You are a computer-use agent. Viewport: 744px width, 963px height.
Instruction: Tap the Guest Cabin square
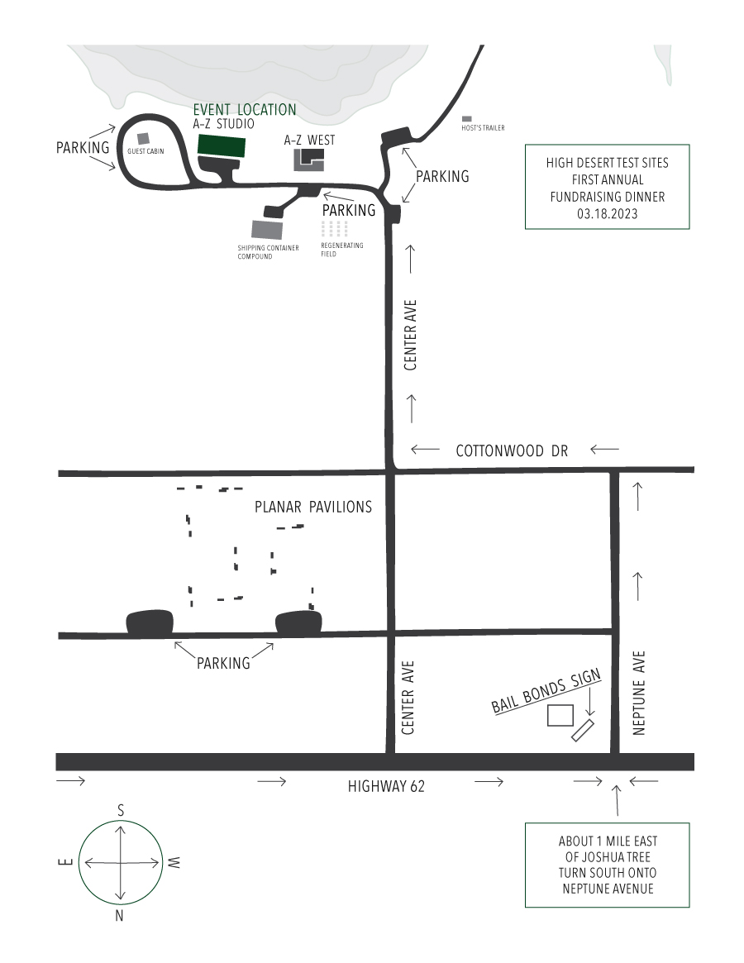tap(143, 139)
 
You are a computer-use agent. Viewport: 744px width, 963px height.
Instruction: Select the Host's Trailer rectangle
tap(467, 119)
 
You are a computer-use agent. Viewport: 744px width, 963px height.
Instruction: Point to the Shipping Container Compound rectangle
tap(266, 229)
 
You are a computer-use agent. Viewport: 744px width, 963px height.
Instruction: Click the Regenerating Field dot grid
tap(334, 229)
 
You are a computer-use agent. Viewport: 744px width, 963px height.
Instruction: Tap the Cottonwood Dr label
tap(513, 451)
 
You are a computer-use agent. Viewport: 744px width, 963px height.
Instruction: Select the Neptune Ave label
tap(638, 693)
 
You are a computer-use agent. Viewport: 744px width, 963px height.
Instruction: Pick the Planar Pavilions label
tap(313, 508)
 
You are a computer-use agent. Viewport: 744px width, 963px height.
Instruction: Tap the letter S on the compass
tap(122, 811)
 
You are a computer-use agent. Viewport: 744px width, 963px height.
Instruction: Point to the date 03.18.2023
tap(607, 212)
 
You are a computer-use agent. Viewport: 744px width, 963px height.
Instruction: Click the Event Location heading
tap(245, 109)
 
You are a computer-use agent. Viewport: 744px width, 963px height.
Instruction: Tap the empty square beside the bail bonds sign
tap(560, 715)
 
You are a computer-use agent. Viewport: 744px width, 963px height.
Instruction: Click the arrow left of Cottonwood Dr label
tap(425, 450)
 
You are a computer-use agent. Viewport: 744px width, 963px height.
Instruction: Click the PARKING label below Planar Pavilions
tap(223, 663)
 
